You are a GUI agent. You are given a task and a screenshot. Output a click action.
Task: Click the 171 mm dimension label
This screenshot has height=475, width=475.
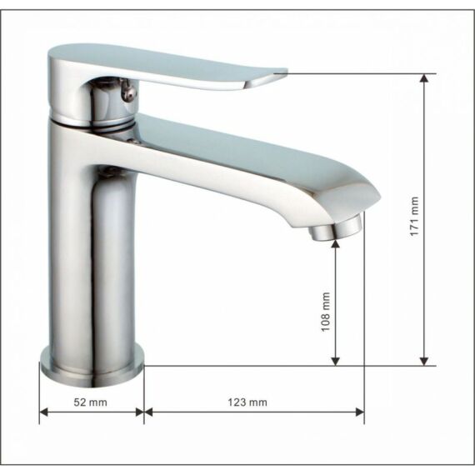tap(414, 216)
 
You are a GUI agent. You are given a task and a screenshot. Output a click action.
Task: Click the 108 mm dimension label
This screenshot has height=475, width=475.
tap(325, 312)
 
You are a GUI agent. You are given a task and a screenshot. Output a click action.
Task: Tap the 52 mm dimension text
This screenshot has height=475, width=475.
tap(90, 402)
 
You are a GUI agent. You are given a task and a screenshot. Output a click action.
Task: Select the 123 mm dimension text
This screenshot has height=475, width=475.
tap(247, 402)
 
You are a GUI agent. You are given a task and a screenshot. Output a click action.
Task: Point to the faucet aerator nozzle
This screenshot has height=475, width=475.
tap(335, 228)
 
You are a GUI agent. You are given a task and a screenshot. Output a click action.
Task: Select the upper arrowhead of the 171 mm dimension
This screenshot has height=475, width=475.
tap(424, 78)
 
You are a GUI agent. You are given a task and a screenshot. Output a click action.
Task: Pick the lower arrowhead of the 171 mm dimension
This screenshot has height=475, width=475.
tap(424, 361)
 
